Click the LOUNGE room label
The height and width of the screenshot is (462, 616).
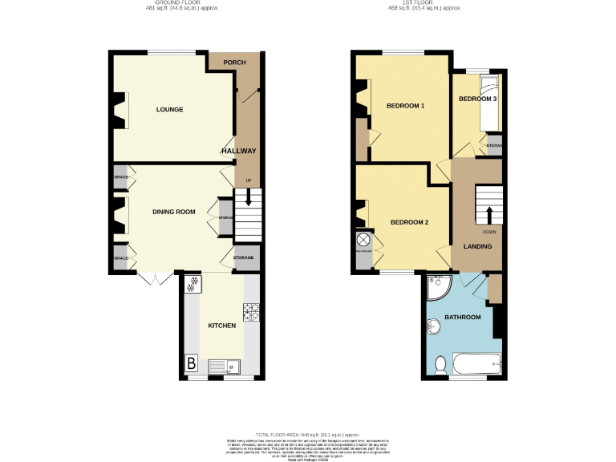click(169, 110)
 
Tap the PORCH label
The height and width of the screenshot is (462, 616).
click(234, 63)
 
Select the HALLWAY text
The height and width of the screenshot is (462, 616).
click(238, 151)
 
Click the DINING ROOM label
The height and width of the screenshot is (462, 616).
click(174, 212)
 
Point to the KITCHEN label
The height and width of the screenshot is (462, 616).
click(221, 326)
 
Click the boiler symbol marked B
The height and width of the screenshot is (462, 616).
click(192, 364)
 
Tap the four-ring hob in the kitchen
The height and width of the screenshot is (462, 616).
click(250, 310)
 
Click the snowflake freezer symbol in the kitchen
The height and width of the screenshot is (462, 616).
click(192, 285)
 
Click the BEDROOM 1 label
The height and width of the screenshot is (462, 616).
click(405, 106)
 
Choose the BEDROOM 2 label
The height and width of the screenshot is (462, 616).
click(409, 222)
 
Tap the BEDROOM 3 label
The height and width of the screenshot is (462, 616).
click(478, 99)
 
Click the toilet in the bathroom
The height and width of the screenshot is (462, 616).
click(440, 365)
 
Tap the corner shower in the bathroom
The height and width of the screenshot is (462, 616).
click(438, 286)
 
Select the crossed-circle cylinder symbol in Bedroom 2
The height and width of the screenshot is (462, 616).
click(363, 240)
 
